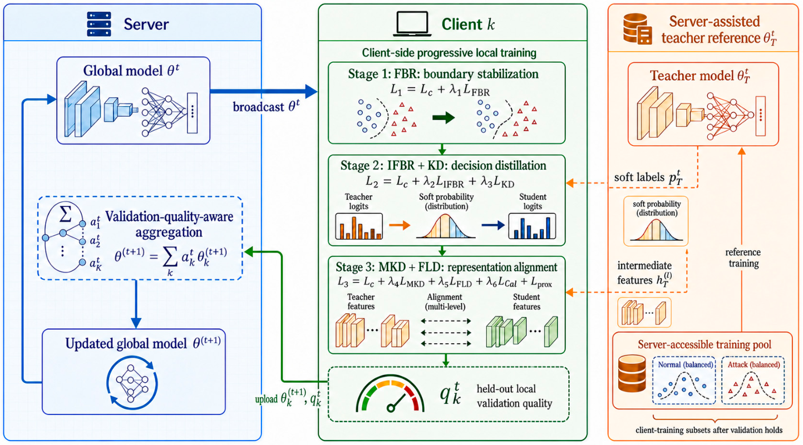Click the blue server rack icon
pyautogui.click(x=99, y=24)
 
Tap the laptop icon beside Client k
pyautogui.click(x=412, y=24)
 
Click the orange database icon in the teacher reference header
pyautogui.click(x=637, y=29)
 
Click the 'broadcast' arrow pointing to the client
pyautogui.click(x=263, y=91)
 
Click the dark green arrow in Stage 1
pyautogui.click(x=444, y=117)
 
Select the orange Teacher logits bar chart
pyautogui.click(x=359, y=226)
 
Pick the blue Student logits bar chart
pyautogui.click(x=532, y=226)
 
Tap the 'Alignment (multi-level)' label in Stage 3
pyautogui.click(x=445, y=301)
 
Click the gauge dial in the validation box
pyautogui.click(x=390, y=394)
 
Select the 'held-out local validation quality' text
pyautogui.click(x=514, y=396)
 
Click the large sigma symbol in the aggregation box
pyautogui.click(x=65, y=214)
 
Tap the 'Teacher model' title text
pyautogui.click(x=699, y=76)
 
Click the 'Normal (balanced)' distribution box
pyautogui.click(x=684, y=380)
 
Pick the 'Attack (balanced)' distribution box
pyautogui.click(x=753, y=380)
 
